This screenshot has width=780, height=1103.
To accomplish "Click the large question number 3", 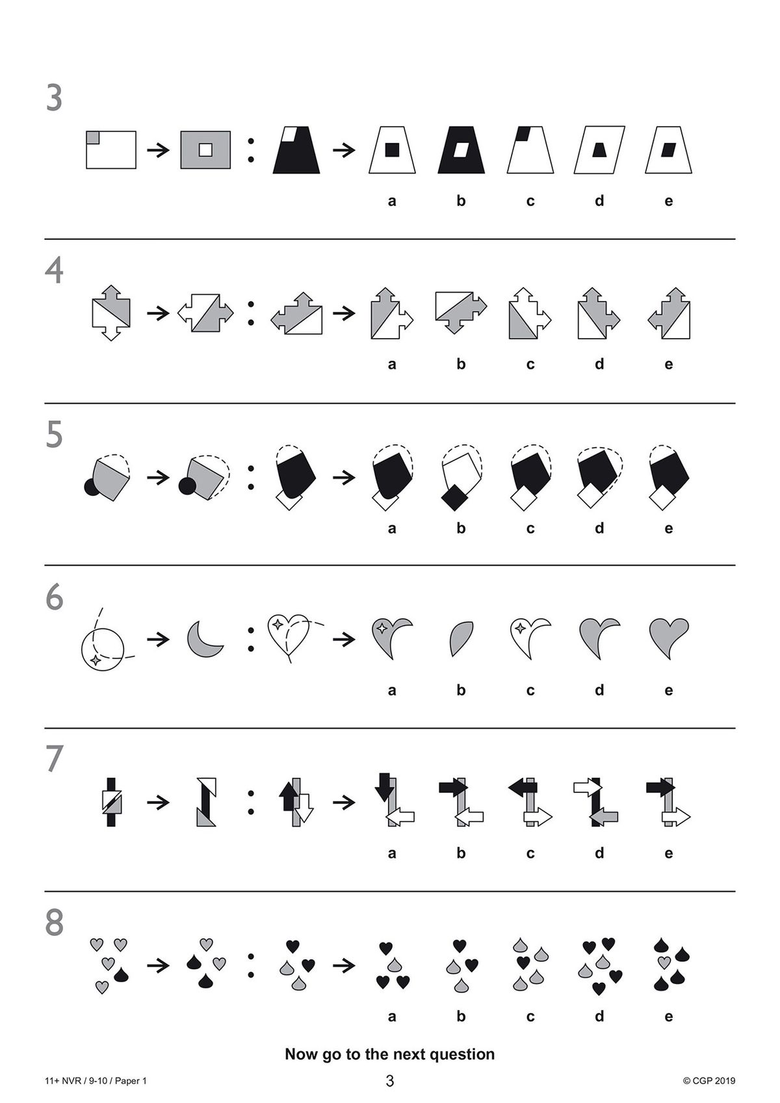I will (x=55, y=99).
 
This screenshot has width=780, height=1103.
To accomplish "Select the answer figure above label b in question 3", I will (x=461, y=149).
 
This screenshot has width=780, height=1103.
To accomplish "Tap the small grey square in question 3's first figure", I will (x=93, y=137).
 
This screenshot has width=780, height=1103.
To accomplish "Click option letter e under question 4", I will (x=668, y=364).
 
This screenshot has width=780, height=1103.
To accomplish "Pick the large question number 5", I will (x=55, y=435).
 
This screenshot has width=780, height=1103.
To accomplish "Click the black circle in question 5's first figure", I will (x=92, y=486).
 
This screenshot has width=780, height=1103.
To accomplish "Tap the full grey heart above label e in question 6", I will (x=668, y=636).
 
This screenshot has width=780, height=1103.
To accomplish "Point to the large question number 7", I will (x=55, y=759).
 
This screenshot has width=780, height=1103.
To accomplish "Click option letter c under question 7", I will (x=530, y=853).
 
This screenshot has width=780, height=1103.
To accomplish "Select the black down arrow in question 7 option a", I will (x=383, y=786).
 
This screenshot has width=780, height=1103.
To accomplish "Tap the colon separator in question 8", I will (x=251, y=965).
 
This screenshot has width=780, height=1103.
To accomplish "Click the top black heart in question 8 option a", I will (x=386, y=947).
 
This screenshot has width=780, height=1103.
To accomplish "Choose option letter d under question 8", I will (x=599, y=1016).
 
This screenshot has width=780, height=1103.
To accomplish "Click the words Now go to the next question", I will (x=390, y=1054).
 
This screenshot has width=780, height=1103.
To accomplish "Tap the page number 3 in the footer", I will (x=390, y=1082).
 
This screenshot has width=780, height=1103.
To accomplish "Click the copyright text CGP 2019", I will (x=709, y=1081).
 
